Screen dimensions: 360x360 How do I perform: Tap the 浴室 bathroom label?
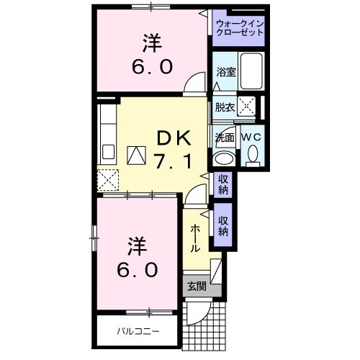point(226,71)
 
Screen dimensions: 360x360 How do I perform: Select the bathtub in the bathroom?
point(252,71)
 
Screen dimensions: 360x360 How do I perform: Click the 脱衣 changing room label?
point(225,107)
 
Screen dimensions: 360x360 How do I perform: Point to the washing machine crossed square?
point(247,107)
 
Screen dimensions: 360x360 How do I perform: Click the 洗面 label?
point(224,137)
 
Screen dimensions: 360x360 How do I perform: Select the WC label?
point(251,137)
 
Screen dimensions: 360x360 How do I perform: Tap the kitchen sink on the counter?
point(109,152)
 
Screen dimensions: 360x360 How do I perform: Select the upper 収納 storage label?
point(222,184)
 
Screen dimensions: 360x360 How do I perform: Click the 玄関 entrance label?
point(197,287)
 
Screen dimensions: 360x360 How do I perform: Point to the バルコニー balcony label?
point(138,332)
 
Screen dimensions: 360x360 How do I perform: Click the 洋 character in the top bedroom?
point(150,44)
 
